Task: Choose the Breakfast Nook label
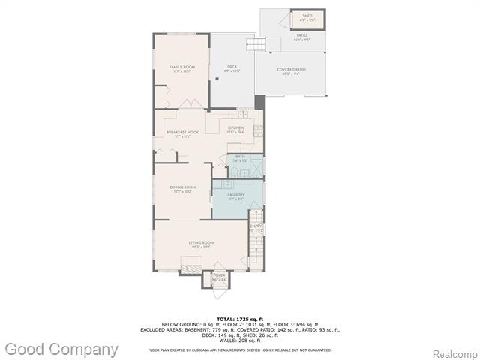pyautogui.click(x=182, y=134)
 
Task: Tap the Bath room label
pyautogui.click(x=240, y=158)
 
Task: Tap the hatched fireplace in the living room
pyautogui.click(x=191, y=267)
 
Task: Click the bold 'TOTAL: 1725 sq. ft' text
pyautogui.click(x=240, y=319)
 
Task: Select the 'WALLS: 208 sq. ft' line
pyautogui.click(x=240, y=340)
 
